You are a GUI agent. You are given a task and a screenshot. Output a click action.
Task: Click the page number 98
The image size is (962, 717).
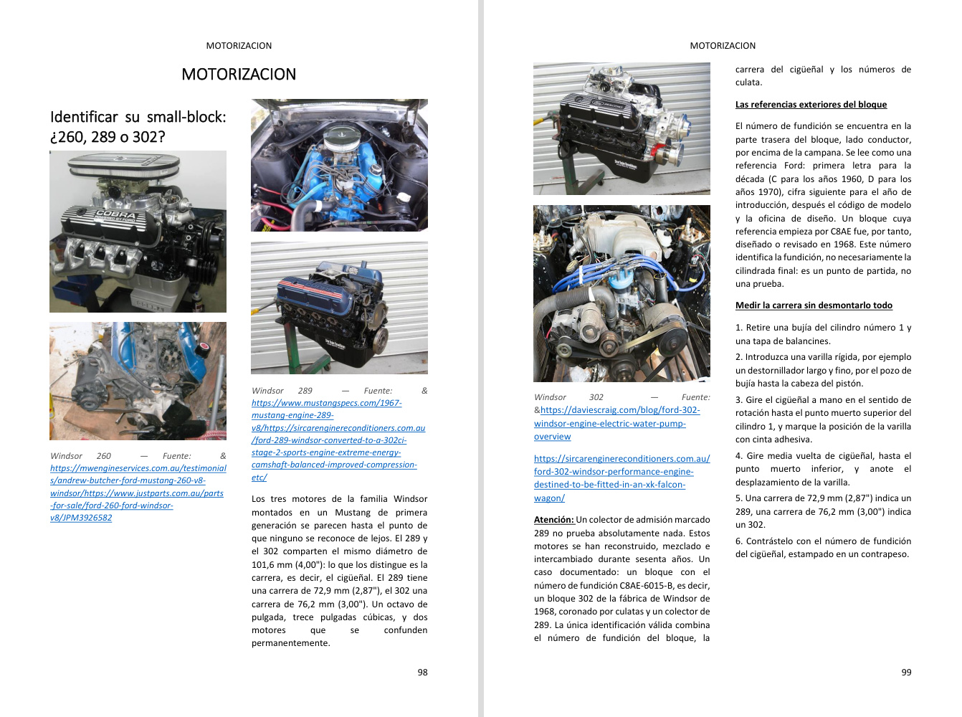click(x=422, y=673)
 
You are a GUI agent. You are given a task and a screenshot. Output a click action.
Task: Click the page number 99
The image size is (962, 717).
click(x=906, y=673)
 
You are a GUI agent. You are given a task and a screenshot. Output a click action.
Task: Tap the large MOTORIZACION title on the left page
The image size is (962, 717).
click(x=239, y=75)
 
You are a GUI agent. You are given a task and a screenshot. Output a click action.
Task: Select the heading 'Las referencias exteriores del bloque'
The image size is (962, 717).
click(x=811, y=105)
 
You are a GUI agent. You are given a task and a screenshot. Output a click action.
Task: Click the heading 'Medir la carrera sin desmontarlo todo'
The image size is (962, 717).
click(x=814, y=305)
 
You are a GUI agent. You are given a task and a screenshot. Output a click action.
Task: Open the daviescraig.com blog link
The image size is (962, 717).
click(x=616, y=423)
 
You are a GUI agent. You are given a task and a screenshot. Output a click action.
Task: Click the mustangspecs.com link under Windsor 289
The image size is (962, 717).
click(x=326, y=415)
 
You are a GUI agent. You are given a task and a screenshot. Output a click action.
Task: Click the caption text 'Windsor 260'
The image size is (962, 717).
click(x=81, y=456)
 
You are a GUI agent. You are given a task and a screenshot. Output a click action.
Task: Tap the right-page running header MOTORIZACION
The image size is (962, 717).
click(x=723, y=46)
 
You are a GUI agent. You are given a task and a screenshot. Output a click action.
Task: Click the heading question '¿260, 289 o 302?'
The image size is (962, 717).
click(x=108, y=137)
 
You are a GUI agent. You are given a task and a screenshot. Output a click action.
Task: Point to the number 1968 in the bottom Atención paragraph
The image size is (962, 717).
click(x=545, y=612)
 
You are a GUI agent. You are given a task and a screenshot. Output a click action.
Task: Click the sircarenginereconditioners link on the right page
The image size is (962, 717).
click(x=622, y=478)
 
